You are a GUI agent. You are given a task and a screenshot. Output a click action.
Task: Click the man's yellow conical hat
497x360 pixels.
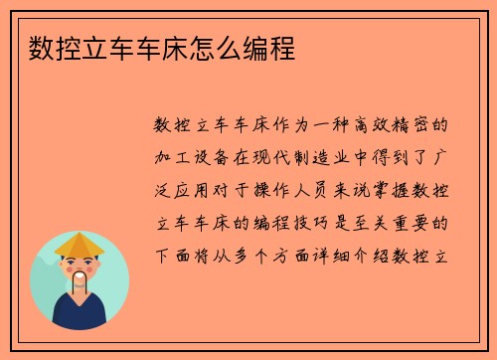coord(80,244)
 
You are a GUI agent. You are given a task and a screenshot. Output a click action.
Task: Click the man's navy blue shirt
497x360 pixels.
coord(80,316)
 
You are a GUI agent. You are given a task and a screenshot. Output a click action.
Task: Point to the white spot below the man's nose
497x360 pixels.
coord(80,270)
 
